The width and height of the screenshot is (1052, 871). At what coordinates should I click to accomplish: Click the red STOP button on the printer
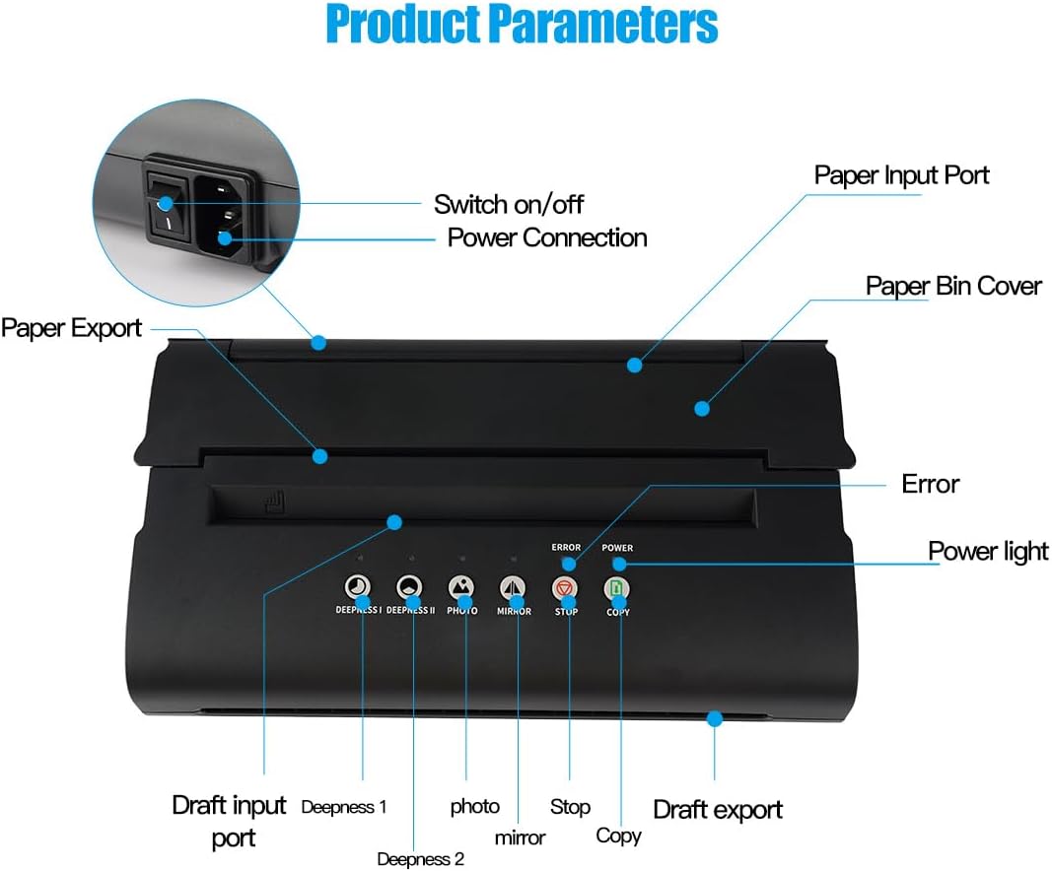coord(565,588)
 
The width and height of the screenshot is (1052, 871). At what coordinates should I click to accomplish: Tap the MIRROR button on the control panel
coord(513,588)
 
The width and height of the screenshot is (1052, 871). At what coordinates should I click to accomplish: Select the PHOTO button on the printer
coord(461,588)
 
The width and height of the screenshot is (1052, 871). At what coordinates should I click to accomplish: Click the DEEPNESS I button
coord(357,588)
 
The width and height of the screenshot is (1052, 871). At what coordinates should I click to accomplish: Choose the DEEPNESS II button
coord(409,588)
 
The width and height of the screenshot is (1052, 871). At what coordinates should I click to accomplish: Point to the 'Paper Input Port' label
coord(901,175)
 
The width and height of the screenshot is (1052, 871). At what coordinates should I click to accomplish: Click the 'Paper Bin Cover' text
coord(953,286)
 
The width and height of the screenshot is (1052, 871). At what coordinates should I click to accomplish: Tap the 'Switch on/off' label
coord(509,204)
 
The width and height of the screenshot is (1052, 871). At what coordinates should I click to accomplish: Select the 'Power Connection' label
coord(547,237)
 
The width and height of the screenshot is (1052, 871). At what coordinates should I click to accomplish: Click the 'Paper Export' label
coord(71,327)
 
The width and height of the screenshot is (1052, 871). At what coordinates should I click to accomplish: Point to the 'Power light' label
coord(988,551)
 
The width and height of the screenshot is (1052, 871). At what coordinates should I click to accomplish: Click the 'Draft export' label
coord(718,810)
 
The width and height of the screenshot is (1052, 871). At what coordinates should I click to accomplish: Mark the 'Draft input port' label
coord(229,821)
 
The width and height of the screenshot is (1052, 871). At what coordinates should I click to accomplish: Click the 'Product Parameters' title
coord(522,25)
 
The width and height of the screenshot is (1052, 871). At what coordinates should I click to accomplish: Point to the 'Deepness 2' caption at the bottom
coord(420,859)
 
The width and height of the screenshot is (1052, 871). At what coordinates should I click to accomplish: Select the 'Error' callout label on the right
coord(931,484)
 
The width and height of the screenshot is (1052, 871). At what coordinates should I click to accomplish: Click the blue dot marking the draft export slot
coord(715,718)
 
